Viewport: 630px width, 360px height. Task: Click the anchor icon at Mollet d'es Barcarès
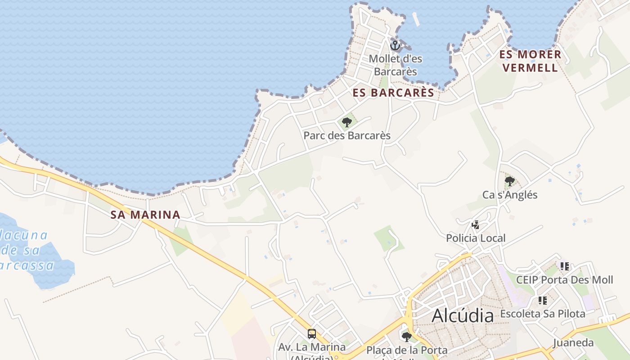coord(395,45)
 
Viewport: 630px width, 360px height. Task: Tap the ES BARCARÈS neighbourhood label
coord(393,93)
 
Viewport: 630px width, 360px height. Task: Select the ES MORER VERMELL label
coord(530,61)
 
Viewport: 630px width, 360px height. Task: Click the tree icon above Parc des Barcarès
coord(346,122)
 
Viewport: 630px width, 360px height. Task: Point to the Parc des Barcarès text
coord(347,135)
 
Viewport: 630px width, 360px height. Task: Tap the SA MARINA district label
coord(145,215)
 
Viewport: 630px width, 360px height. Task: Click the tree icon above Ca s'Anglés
coord(509,181)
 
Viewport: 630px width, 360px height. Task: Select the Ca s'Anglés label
coord(510,195)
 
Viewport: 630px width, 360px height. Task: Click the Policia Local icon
coord(475,225)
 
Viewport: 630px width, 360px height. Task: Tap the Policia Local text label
coord(476,238)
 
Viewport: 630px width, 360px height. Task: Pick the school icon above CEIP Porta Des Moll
coord(564,266)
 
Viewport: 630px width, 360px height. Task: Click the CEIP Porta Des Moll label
coord(564,280)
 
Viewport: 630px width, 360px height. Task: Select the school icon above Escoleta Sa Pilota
coord(542,300)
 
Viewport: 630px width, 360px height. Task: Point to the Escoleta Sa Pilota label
coord(543,314)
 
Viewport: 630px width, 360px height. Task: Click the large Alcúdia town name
coord(463,316)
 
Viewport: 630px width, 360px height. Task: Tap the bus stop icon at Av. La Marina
coord(311,334)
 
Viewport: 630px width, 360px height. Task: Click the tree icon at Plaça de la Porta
coord(406,337)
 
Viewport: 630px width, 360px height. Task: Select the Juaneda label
coord(573,343)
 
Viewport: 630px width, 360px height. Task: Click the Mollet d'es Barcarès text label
coord(395,65)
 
